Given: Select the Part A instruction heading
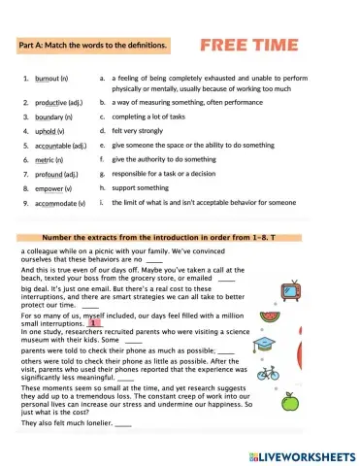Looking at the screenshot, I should (x=93, y=45).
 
